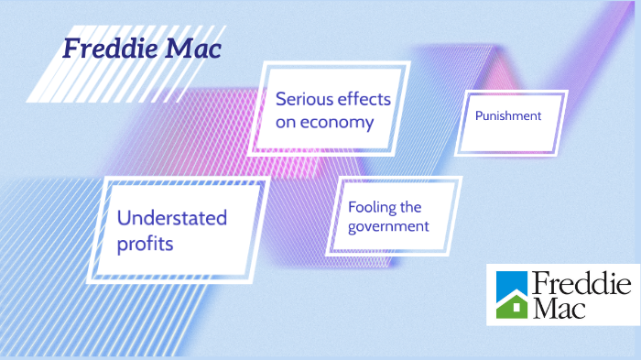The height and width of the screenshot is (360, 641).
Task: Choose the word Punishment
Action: (x=508, y=116)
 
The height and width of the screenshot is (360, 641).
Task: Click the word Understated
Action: (x=172, y=218)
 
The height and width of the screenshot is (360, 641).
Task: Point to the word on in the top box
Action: (x=286, y=122)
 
